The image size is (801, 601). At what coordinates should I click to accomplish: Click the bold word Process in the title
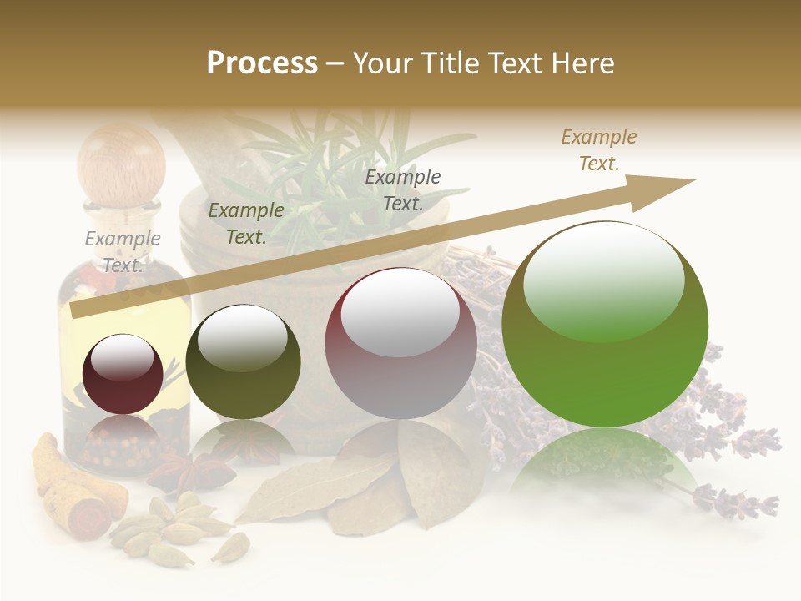point(262,63)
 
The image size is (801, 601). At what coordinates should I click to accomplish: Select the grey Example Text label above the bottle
point(123,251)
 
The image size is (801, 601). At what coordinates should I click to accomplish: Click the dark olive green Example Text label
point(246,224)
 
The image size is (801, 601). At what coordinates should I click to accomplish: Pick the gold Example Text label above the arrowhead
point(599,150)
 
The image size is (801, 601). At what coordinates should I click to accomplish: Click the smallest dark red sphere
point(123,374)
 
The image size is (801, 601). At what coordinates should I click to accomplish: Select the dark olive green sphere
point(243,361)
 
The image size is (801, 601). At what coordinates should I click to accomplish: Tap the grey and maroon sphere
point(400,343)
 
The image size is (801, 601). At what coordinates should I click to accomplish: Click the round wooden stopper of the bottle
point(121,159)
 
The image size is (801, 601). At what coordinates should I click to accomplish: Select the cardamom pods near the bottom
point(175,526)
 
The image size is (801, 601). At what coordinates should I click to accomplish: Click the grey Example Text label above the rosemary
point(403,189)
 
